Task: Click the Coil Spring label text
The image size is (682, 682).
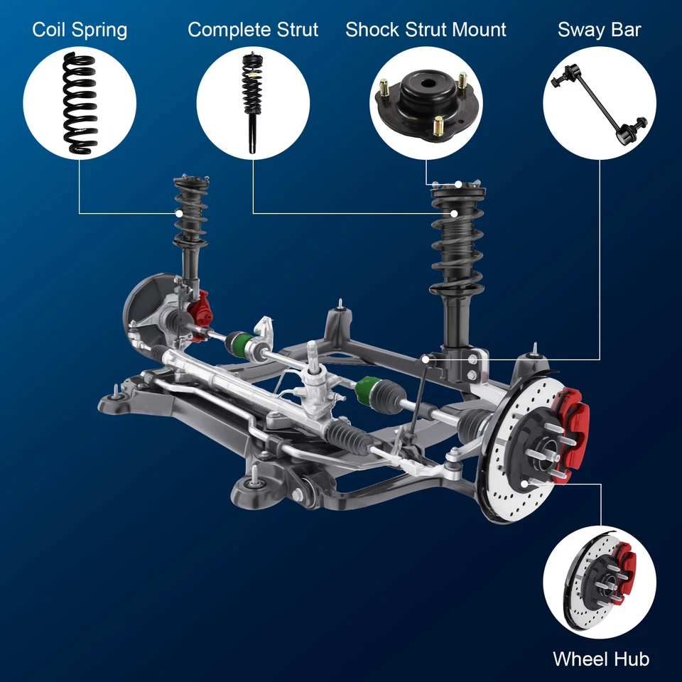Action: (x=80, y=30)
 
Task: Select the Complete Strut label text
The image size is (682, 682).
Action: (x=253, y=30)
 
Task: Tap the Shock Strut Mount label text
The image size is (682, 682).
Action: (x=426, y=30)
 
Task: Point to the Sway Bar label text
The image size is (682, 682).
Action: (x=599, y=30)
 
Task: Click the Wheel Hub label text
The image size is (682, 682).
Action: (x=600, y=659)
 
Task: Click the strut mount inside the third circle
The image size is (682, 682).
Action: (x=426, y=103)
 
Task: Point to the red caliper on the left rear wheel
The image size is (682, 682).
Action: (x=200, y=307)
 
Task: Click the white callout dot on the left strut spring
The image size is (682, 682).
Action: (x=180, y=213)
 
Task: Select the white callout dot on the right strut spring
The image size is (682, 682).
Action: (x=455, y=212)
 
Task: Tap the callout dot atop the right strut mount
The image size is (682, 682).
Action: (x=459, y=185)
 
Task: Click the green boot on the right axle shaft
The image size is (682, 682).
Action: (x=368, y=388)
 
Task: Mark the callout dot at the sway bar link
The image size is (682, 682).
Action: (x=425, y=359)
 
